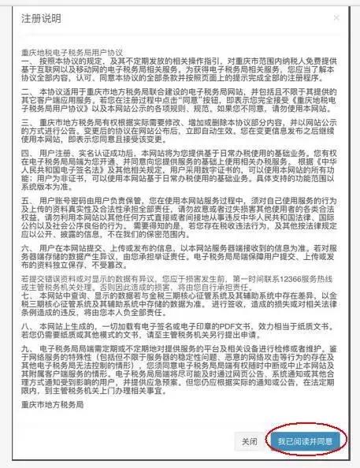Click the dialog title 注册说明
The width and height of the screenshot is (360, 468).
[x=40, y=18]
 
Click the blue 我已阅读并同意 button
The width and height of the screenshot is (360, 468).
[x=309, y=441]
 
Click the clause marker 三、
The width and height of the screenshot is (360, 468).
[x=28, y=123]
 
